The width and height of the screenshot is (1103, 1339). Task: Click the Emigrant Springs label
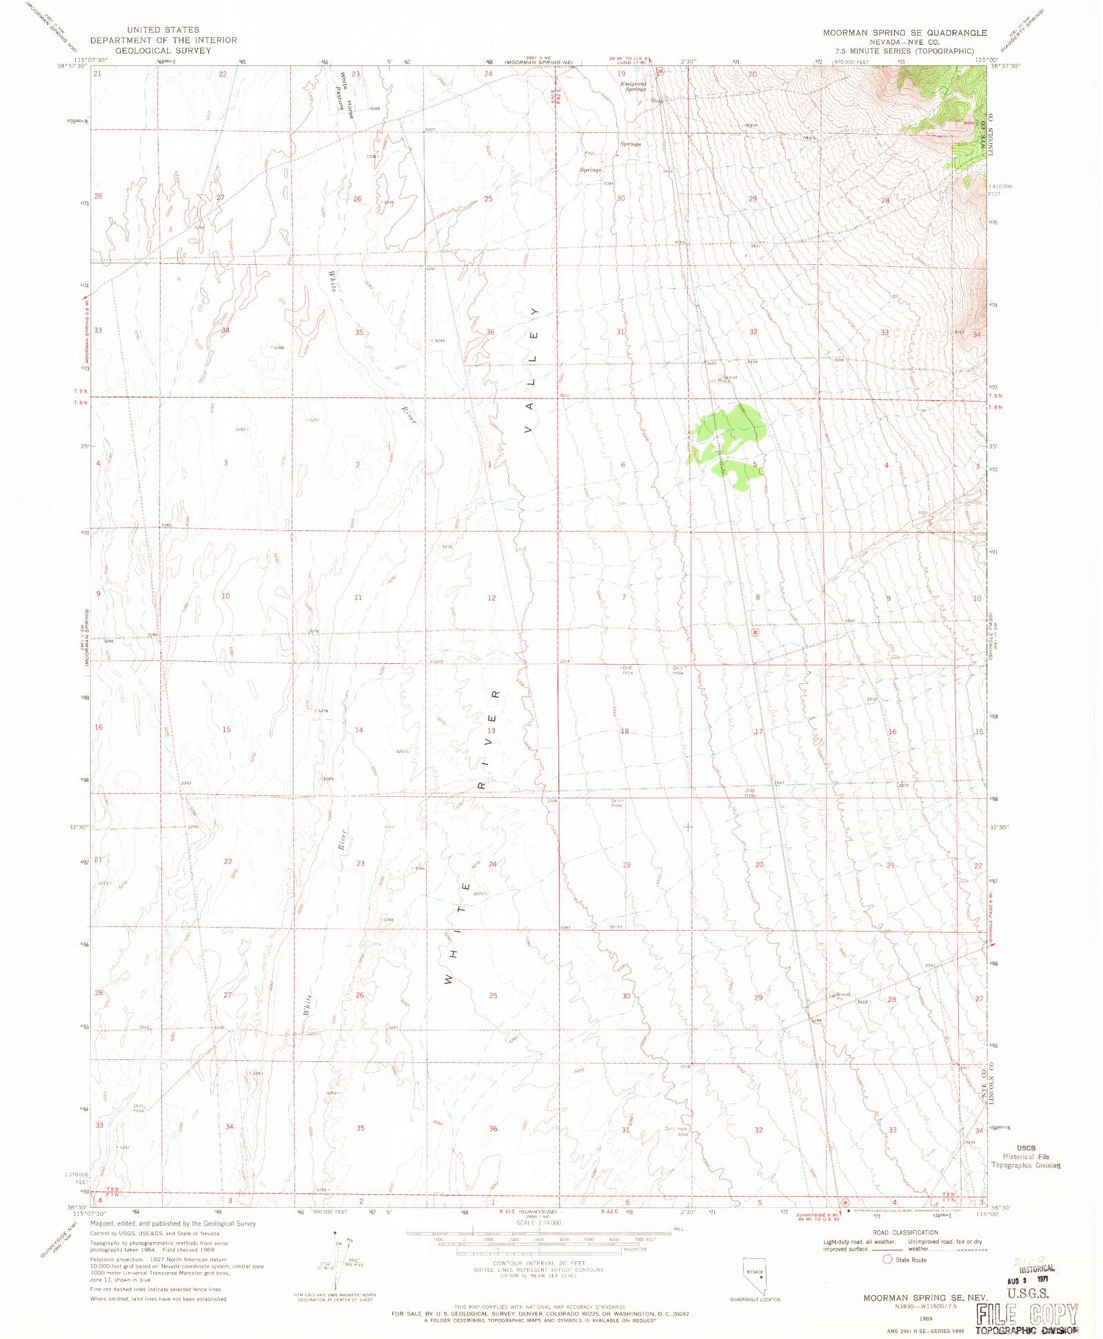[x=634, y=86]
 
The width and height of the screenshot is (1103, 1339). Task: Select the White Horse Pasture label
[x=346, y=93]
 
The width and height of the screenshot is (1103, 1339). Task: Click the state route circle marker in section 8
[x=754, y=632]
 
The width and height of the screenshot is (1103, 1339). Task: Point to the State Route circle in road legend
[x=888, y=1260]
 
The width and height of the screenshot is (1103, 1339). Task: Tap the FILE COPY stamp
[x=1027, y=1314]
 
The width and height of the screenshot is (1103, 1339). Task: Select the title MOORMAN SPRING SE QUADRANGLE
[x=904, y=33]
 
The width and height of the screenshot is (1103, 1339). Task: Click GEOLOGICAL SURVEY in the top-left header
[x=164, y=51]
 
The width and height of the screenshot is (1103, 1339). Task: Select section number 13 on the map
[x=491, y=730]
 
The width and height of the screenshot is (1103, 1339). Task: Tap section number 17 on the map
[x=758, y=732]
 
